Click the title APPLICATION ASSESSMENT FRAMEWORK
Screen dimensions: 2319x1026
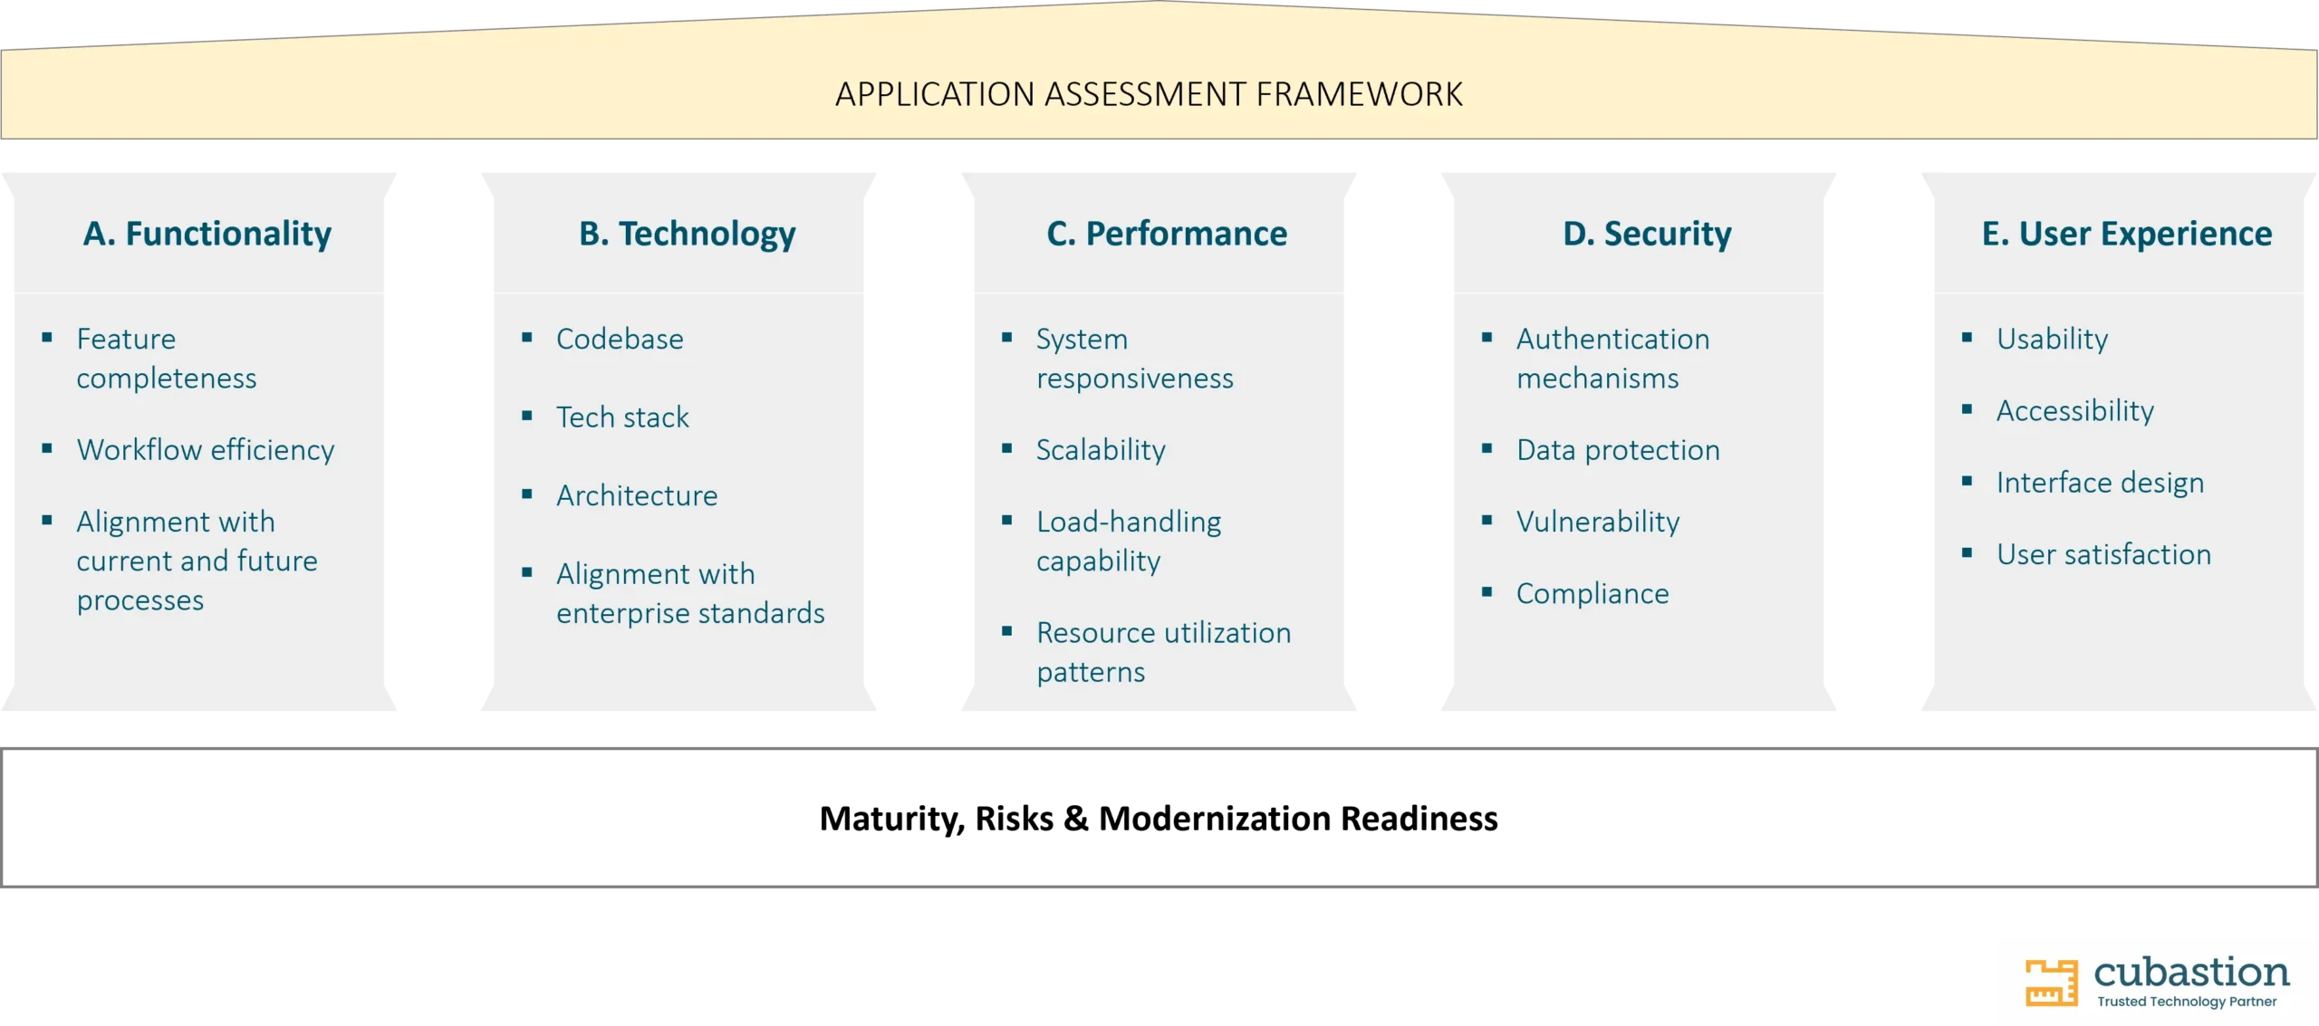(x=1149, y=94)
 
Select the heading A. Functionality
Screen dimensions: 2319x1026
(x=207, y=235)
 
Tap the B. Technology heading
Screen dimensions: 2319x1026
(x=688, y=235)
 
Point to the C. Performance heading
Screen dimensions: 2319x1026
(x=1167, y=234)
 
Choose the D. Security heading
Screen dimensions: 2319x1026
(x=1647, y=235)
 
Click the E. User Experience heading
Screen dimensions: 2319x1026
(x=2127, y=234)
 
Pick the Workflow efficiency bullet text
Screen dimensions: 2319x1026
(x=206, y=450)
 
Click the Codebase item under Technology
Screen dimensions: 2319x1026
(x=620, y=339)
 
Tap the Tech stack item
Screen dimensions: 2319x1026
(x=622, y=417)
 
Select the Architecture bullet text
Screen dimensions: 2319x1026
(x=637, y=495)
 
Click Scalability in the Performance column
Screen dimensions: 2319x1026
(x=1101, y=450)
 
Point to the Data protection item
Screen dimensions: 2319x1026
(x=1618, y=450)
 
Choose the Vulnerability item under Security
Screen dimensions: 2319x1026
(x=1598, y=522)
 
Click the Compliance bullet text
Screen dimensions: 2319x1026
(x=1593, y=594)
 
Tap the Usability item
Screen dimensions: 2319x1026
(x=2052, y=340)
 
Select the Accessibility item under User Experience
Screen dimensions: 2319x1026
(x=2075, y=411)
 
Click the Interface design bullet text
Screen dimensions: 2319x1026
(x=2100, y=483)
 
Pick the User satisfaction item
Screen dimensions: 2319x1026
(x=2103, y=554)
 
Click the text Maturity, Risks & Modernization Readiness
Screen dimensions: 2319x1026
(x=1159, y=819)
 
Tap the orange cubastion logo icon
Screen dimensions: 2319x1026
(x=2051, y=982)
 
